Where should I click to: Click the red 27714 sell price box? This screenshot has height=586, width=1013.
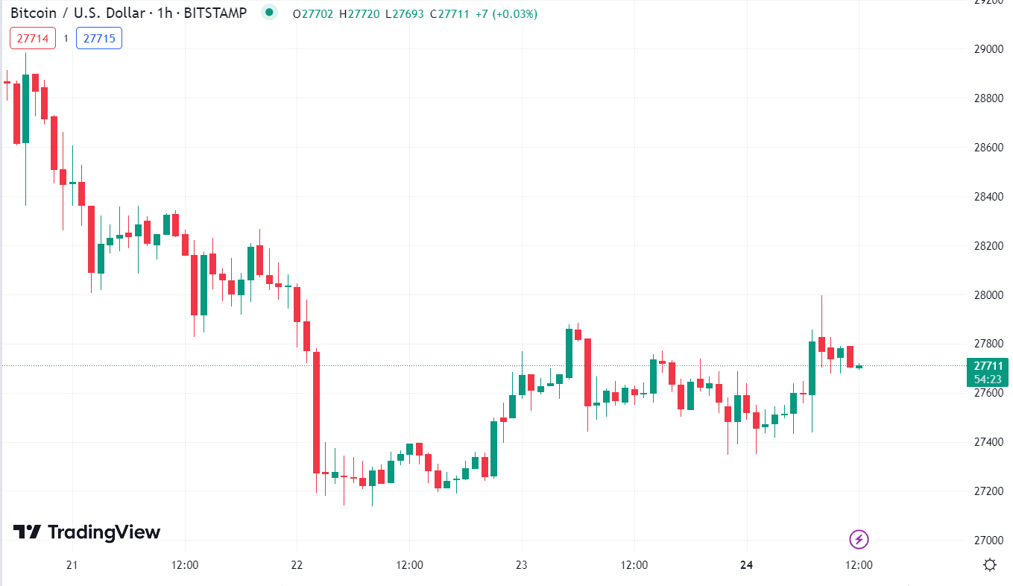(33, 38)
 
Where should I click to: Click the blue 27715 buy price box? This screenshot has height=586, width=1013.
(99, 38)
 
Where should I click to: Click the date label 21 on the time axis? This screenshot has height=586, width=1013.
(72, 565)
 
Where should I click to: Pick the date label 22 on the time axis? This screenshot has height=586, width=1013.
(297, 565)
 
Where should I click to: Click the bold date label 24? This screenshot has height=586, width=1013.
(746, 565)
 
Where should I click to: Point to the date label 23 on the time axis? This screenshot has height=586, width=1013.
(521, 565)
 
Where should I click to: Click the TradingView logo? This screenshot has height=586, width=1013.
(87, 532)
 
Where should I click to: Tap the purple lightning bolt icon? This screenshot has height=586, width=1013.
(859, 539)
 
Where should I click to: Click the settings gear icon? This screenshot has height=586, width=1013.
(990, 564)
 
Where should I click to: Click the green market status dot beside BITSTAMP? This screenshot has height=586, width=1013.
(269, 13)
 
